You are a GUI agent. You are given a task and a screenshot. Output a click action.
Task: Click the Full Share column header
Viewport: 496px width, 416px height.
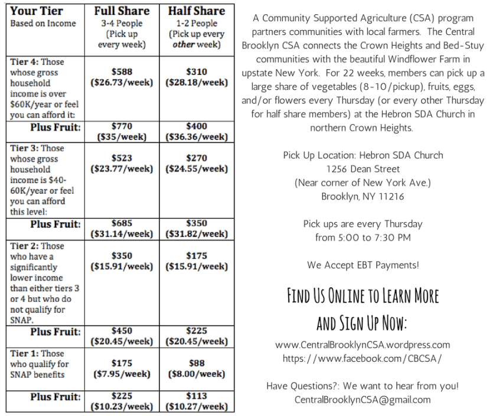pos(122,11)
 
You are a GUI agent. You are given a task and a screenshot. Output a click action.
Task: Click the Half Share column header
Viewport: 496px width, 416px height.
pos(197,11)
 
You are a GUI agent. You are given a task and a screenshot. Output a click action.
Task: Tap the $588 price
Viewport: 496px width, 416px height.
pos(122,72)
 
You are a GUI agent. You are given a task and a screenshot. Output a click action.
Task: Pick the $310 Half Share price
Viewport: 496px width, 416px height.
pos(197,72)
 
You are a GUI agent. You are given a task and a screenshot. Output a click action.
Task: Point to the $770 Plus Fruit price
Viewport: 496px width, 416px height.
pos(122,126)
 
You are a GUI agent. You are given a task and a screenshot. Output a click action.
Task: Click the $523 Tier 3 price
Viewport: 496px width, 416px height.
pos(122,158)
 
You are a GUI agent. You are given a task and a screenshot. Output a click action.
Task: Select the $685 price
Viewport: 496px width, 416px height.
pos(122,223)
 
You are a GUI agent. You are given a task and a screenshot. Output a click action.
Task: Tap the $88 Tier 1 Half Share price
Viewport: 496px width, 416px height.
pos(197,363)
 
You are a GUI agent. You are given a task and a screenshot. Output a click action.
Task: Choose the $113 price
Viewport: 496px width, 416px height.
pos(197,396)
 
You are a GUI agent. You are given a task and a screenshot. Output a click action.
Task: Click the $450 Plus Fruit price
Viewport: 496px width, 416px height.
pos(122,331)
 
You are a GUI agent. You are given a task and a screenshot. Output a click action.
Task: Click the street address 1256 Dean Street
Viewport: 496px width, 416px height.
pos(363,169)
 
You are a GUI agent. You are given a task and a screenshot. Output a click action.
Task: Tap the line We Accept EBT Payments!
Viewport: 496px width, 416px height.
pos(363,265)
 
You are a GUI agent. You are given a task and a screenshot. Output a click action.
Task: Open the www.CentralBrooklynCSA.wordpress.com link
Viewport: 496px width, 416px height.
pos(363,344)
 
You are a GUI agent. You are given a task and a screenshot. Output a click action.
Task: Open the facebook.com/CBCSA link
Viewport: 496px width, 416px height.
pos(363,359)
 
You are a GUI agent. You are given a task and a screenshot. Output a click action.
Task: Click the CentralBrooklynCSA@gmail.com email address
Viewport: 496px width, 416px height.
pos(363,399)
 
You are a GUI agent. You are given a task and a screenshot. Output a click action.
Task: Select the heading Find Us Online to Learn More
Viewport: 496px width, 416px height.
pos(363,295)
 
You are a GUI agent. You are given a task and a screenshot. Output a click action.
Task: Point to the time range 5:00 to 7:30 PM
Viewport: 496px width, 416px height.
pos(363,238)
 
